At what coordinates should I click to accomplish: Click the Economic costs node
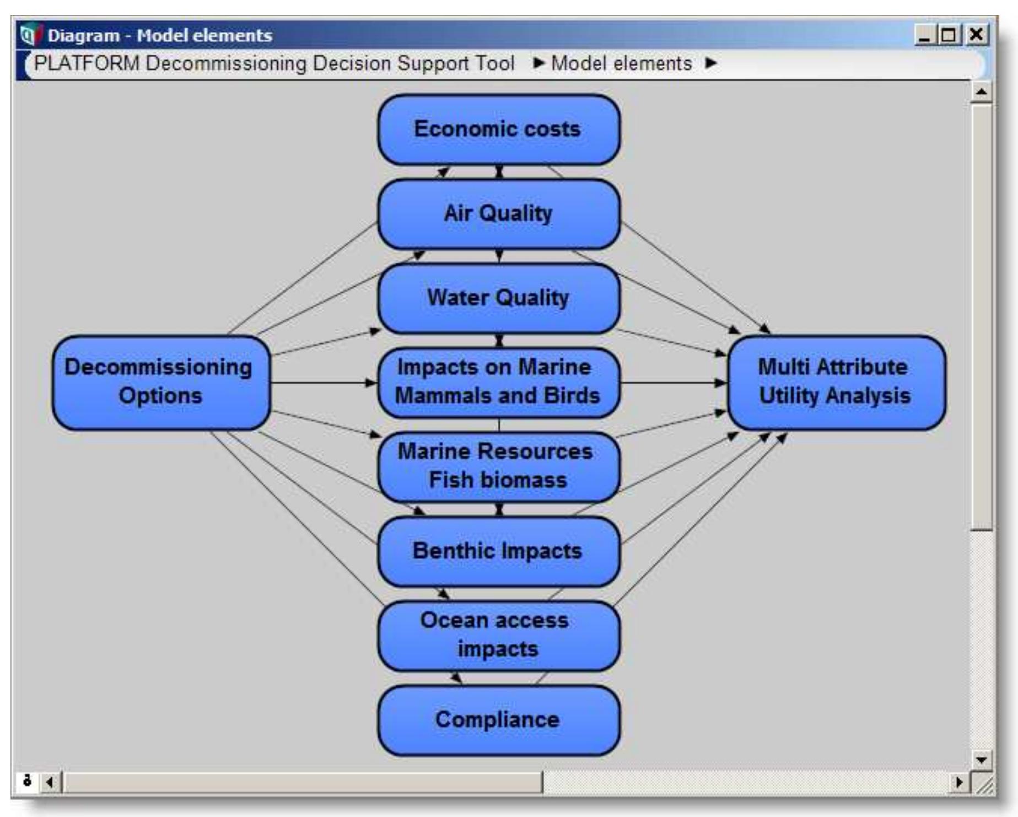coord(498,130)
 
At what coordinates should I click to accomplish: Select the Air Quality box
coord(498,214)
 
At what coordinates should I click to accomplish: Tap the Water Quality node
coord(498,298)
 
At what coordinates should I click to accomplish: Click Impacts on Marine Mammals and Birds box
coord(498,382)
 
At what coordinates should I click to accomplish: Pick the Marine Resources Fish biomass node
coord(498,466)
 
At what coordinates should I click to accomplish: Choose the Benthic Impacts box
coord(498,551)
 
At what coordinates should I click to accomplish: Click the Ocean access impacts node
coord(498,635)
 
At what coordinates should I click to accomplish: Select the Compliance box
coord(498,720)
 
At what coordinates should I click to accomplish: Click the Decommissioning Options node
coord(160,382)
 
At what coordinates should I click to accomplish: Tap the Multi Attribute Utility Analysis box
coord(836,382)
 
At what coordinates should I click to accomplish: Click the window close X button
coord(976,35)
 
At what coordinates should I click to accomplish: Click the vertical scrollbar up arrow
coord(981,92)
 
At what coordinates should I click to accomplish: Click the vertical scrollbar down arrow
coord(981,760)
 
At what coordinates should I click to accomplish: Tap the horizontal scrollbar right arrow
coord(960,782)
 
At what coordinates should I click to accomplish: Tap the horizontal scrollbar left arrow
coord(50,782)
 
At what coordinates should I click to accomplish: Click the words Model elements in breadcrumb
coord(621,64)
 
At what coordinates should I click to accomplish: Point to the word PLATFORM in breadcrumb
coord(87,64)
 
